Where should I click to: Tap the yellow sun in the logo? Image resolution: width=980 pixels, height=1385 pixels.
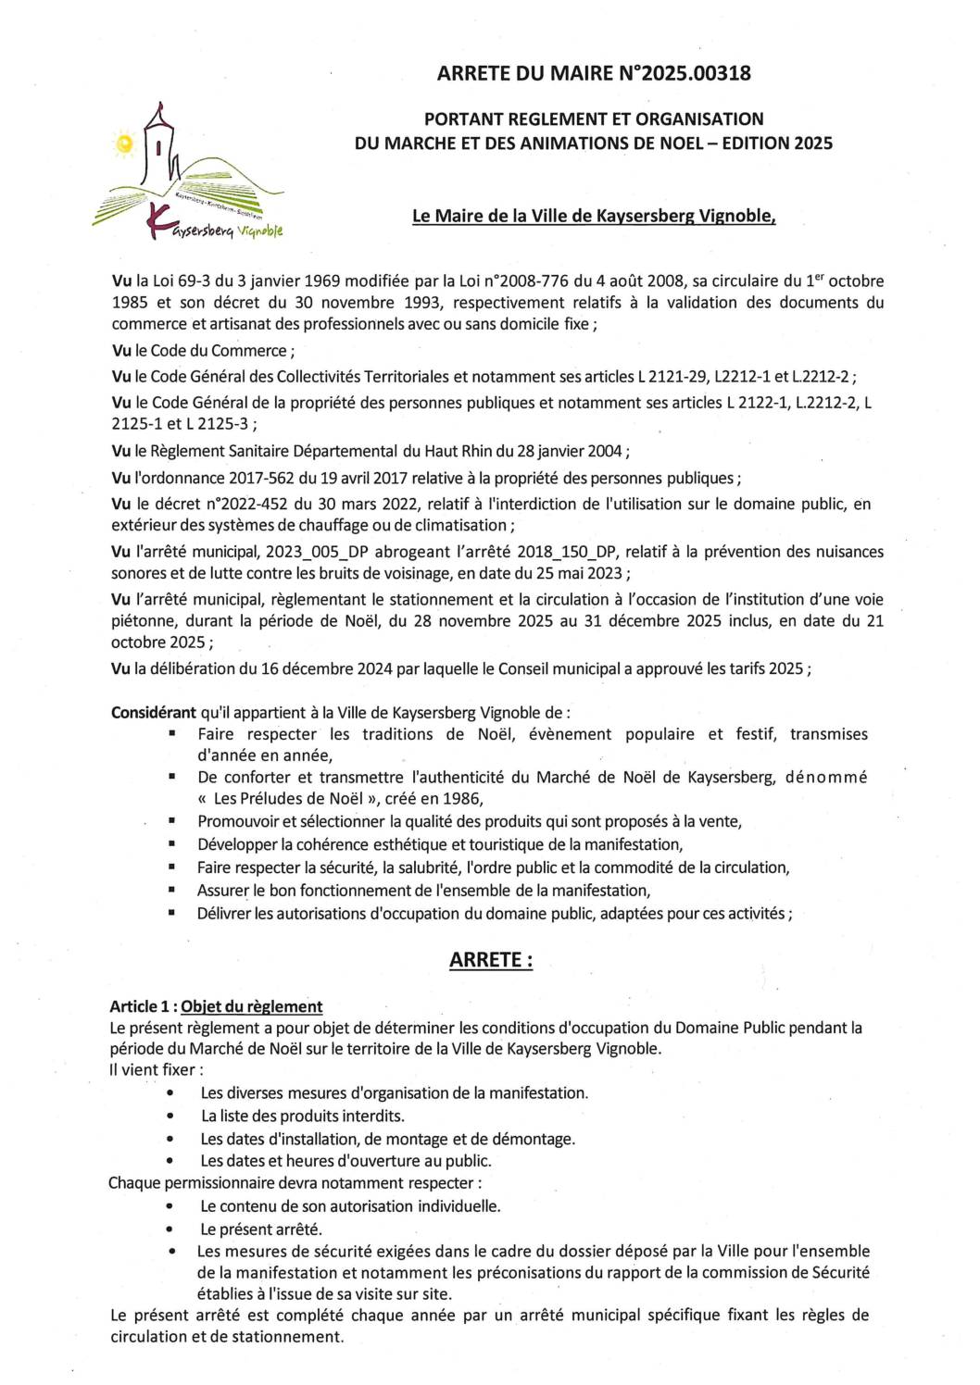click(123, 143)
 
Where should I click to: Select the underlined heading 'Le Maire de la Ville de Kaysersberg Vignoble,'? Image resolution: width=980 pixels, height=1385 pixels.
click(594, 216)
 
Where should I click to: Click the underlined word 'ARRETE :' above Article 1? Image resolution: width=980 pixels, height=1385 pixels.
click(491, 960)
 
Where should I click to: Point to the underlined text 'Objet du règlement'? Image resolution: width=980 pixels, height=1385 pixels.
click(252, 1006)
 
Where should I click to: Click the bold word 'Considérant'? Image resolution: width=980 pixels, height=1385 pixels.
click(153, 713)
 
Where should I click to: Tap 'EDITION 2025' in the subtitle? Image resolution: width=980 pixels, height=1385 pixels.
click(775, 143)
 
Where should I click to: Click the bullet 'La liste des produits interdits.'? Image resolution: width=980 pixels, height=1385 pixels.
click(303, 1116)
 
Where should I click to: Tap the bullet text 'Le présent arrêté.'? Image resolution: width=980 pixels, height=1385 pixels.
click(261, 1229)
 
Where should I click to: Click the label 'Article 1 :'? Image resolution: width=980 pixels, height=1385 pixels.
click(143, 1006)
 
